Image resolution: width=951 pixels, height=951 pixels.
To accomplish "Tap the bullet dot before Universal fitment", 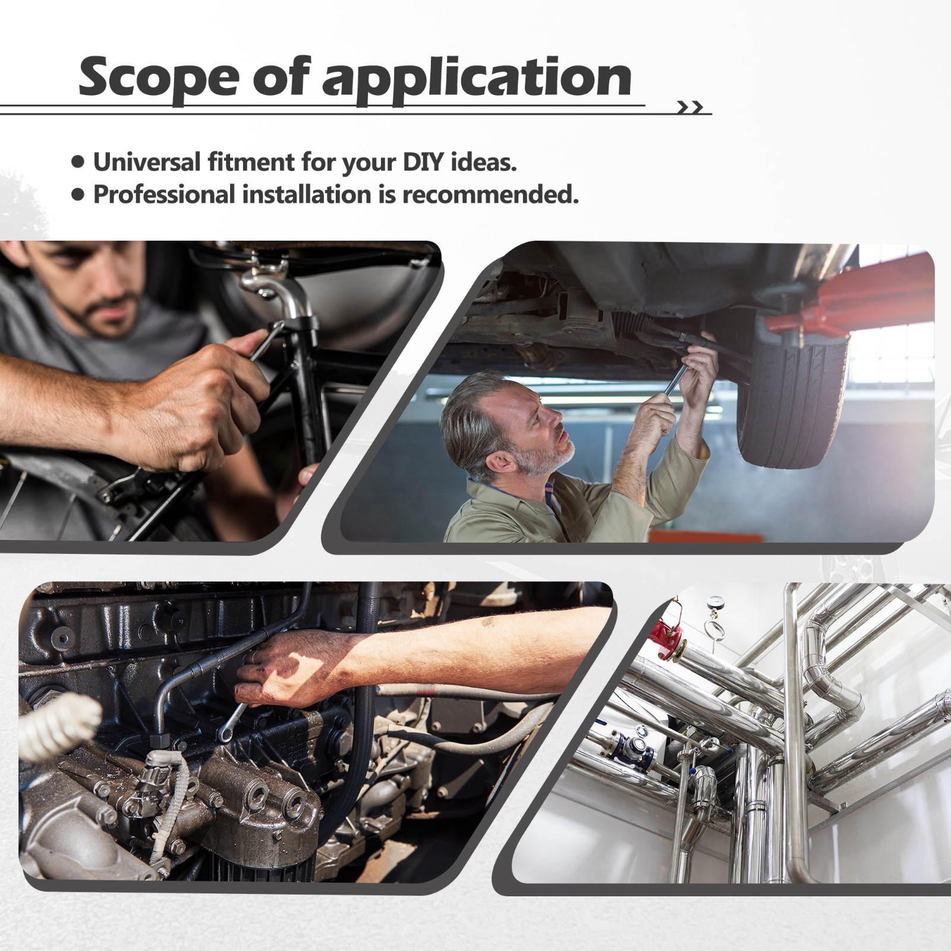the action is (x=78, y=162).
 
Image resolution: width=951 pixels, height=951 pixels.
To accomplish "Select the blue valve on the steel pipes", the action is (x=634, y=744).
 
